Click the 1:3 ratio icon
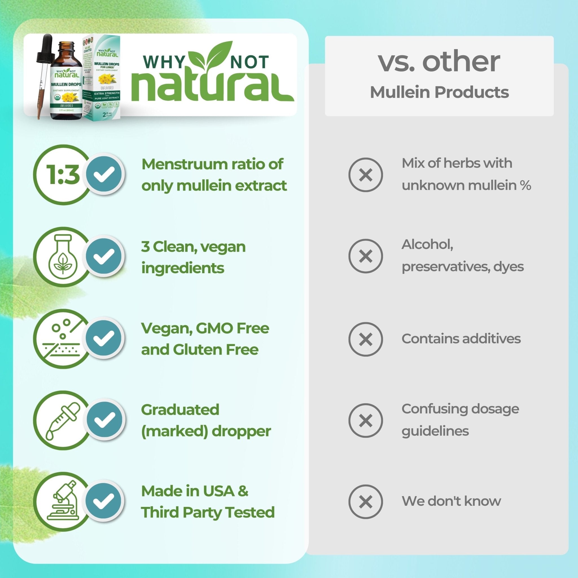(62, 175)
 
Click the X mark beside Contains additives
(365, 339)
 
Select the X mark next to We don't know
(365, 502)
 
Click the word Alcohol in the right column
(427, 244)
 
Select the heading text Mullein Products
(439, 92)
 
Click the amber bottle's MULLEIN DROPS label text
(66, 85)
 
